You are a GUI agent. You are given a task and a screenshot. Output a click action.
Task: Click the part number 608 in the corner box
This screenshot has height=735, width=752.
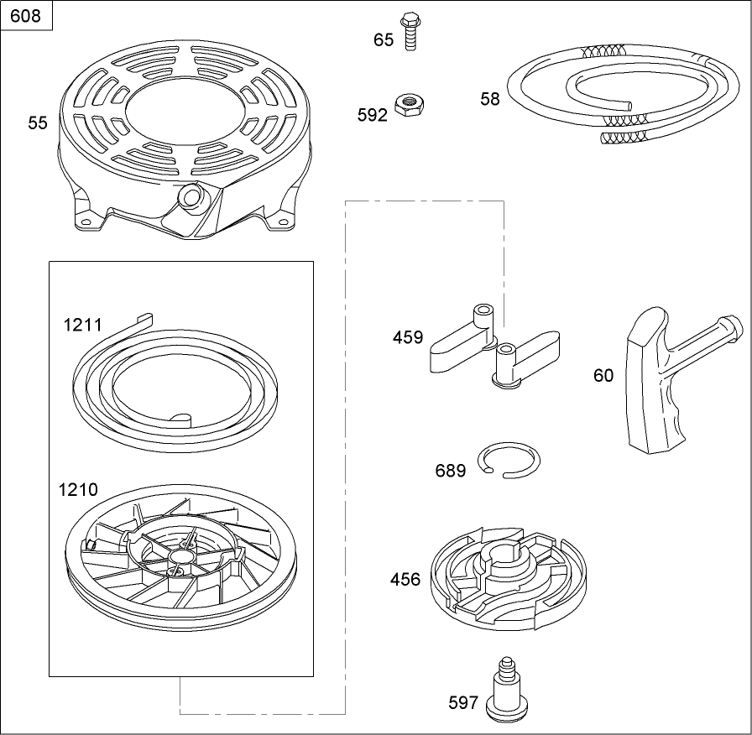pos(25,16)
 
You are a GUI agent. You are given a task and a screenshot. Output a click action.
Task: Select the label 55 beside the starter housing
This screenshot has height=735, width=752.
pos(38,122)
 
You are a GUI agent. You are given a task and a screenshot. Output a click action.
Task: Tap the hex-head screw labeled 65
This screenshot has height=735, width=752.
pos(410,31)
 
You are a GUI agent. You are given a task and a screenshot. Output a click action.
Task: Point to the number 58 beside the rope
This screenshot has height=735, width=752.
pos(490,99)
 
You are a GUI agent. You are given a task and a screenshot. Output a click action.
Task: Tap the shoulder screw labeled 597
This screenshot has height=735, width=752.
pos(504,688)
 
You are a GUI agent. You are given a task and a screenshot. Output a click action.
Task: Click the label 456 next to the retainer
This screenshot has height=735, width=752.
pos(405,579)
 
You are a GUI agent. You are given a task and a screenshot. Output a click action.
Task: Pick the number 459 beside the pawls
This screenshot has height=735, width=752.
pos(408,337)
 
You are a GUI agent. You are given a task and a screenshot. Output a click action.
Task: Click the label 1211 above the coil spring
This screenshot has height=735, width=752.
pos(83,325)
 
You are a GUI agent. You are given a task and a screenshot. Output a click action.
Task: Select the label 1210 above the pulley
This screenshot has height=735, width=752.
pos(78,489)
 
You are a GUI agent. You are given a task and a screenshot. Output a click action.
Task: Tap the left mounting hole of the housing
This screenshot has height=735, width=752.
pos(86,222)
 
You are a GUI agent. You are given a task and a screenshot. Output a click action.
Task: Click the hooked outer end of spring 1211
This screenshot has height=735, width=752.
pos(144,320)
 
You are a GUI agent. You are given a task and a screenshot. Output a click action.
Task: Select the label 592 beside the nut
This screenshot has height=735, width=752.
pos(372,115)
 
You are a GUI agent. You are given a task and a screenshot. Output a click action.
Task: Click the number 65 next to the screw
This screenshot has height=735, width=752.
pos(384,39)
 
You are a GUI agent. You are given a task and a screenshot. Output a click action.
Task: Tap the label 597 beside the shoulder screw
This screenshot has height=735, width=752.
pos(463,702)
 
